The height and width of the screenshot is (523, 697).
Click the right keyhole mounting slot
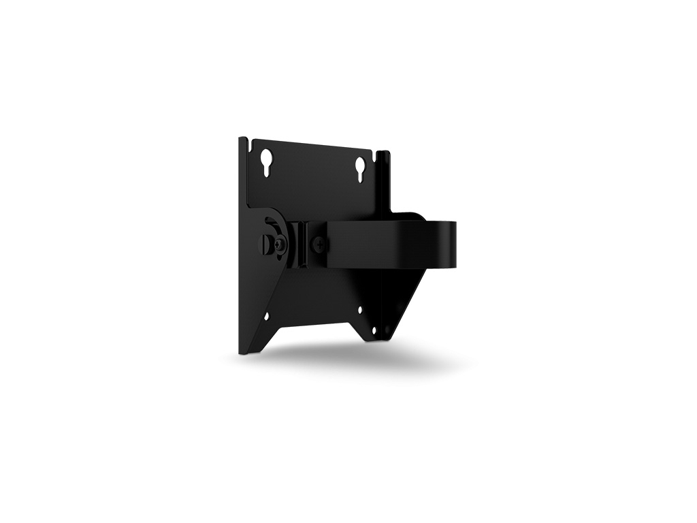click(360, 168)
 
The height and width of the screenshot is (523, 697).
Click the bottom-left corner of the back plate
click(243, 351)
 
